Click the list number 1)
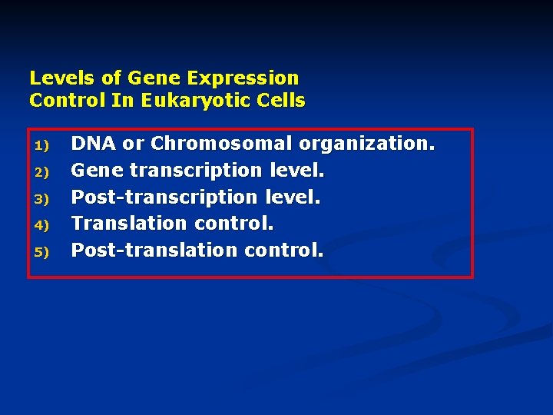pos(41,145)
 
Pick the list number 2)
pos(41,171)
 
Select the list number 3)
pos(41,198)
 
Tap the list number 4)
pos(41,225)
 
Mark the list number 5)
pos(41,251)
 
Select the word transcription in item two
pos(195,171)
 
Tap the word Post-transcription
pos(164,197)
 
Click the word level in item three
pos(292,197)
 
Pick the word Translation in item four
pos(130,223)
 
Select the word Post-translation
pos(154,250)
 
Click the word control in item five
pos(283,250)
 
